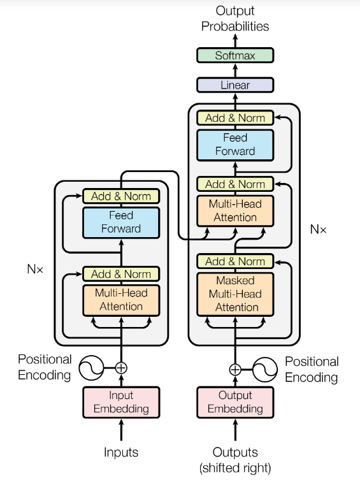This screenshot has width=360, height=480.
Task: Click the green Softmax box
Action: (x=235, y=55)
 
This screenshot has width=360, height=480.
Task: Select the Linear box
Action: (x=235, y=85)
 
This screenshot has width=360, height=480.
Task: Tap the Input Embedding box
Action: (x=121, y=402)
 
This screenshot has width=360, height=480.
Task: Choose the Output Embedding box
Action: (x=235, y=402)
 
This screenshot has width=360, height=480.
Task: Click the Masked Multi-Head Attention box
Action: (x=235, y=295)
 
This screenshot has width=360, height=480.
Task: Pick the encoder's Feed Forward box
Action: (x=121, y=222)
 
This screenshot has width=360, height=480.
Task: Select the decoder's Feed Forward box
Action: (x=235, y=145)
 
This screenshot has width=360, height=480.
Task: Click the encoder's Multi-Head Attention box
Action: (x=121, y=300)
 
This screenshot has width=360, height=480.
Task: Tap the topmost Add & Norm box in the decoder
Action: (x=235, y=118)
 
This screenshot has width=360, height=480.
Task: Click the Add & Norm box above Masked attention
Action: (x=235, y=261)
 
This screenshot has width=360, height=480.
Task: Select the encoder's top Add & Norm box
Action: (x=121, y=196)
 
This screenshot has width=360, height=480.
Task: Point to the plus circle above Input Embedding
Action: (x=121, y=368)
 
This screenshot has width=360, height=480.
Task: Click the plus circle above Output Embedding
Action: (x=235, y=370)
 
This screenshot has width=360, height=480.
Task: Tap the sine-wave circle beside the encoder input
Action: (x=91, y=368)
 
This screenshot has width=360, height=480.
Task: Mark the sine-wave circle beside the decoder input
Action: (x=265, y=370)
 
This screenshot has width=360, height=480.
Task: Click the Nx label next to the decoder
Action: (x=318, y=229)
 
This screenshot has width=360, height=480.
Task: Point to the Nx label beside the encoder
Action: (x=35, y=269)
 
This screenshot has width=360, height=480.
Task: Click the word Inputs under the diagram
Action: (x=121, y=452)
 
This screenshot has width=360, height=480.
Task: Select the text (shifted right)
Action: (x=235, y=468)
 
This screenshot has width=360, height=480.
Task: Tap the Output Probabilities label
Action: (x=235, y=18)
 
